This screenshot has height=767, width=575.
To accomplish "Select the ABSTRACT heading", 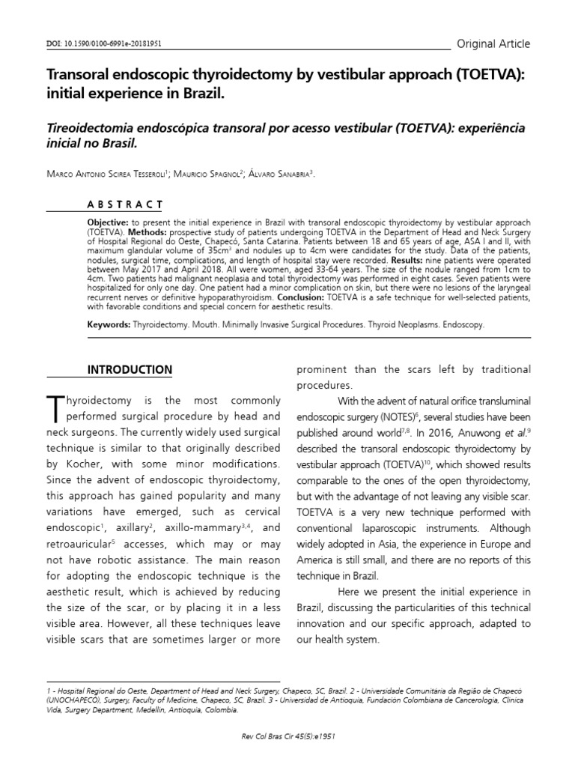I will click(126, 204).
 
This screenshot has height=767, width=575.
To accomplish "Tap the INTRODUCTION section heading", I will click(130, 369).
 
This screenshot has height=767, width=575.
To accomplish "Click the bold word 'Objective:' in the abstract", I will click(109, 224).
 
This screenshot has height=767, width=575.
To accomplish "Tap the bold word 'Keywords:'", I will click(109, 326).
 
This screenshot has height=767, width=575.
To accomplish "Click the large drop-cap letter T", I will click(56, 407).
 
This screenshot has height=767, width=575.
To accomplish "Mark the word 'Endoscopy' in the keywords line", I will click(460, 326).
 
